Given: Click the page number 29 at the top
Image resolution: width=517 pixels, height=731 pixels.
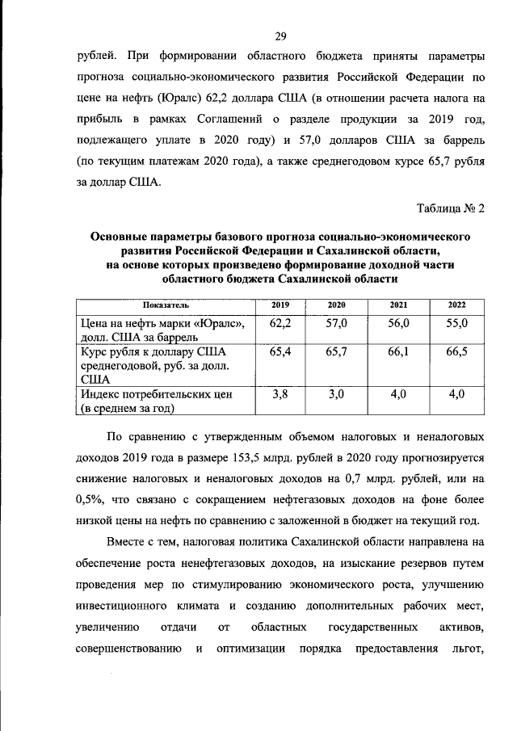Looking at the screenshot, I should (x=280, y=36).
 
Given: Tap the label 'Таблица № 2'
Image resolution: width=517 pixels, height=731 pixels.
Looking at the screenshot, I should (x=451, y=209).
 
